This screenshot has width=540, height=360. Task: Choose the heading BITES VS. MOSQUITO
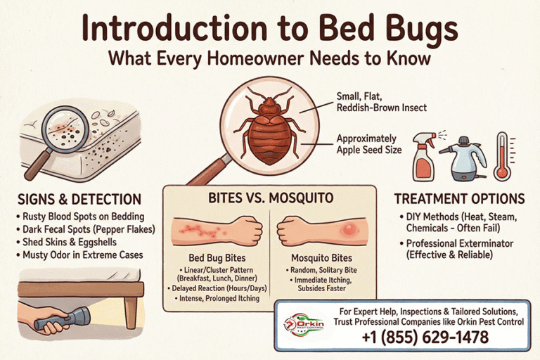pos(270,198)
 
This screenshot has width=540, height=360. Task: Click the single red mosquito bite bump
pos(348,231)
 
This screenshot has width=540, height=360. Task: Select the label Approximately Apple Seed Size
pos(371,144)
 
